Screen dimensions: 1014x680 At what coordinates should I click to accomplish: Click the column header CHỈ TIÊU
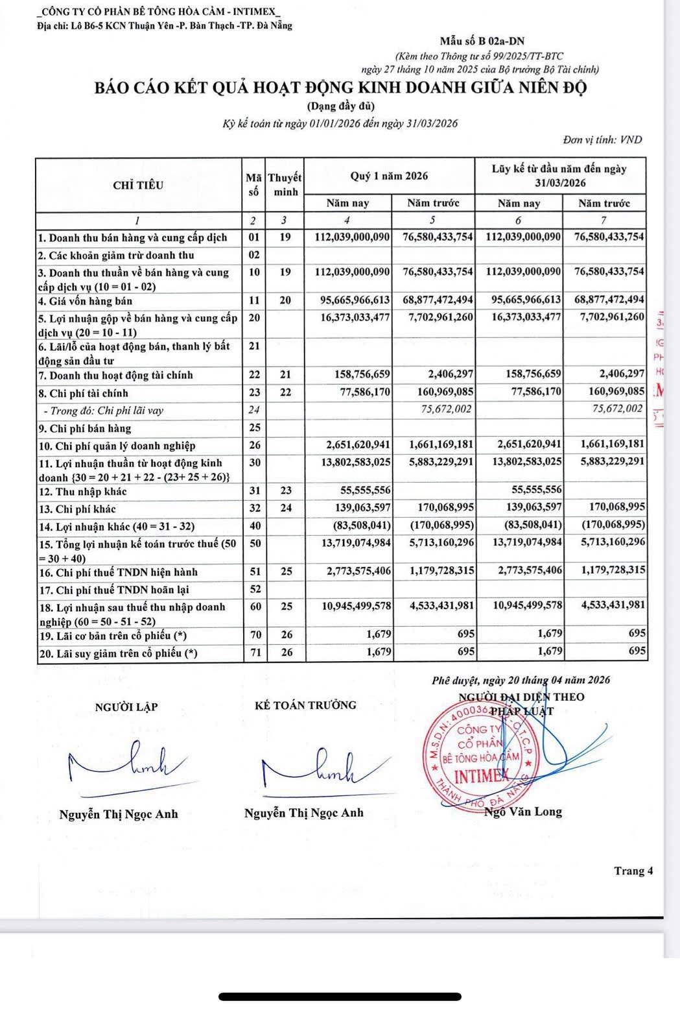[138, 186]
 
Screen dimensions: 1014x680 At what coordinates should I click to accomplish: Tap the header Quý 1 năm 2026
[389, 176]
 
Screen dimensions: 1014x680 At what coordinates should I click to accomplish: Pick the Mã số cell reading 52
[255, 589]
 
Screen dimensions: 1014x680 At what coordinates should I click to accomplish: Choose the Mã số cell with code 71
[255, 653]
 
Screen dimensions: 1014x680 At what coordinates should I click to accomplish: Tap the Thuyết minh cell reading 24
[286, 508]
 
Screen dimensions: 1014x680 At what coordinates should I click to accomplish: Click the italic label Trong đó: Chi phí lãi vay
[103, 410]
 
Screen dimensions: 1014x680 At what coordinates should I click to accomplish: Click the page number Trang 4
[633, 871]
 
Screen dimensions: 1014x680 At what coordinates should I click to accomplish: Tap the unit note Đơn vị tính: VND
[602, 139]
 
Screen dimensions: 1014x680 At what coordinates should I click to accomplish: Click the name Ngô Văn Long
[524, 812]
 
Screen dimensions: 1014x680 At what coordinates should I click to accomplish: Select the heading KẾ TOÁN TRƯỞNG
[305, 705]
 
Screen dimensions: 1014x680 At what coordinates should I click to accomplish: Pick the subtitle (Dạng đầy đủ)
[340, 106]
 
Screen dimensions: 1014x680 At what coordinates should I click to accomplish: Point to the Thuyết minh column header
[285, 185]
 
